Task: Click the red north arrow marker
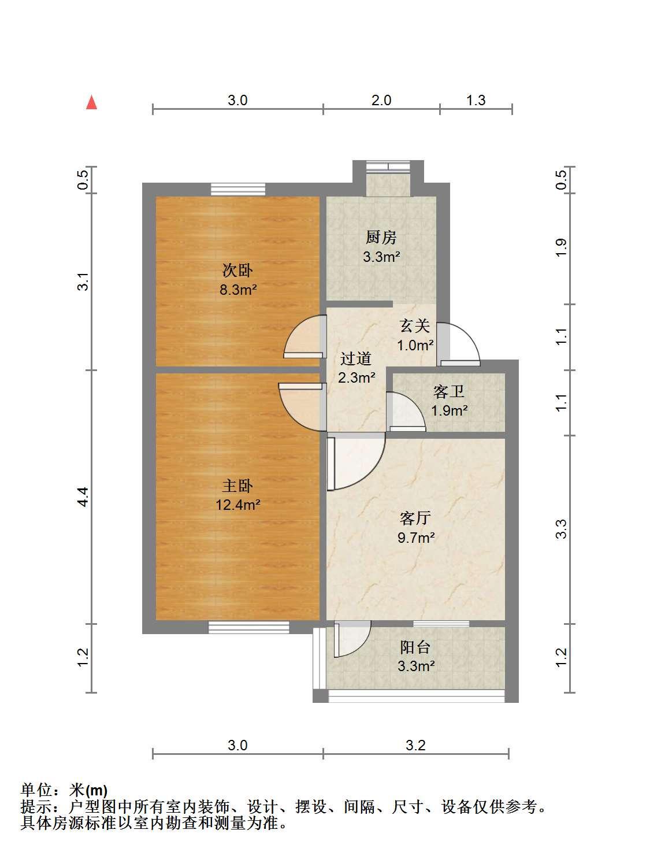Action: pyautogui.click(x=92, y=102)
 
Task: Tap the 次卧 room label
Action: pyautogui.click(x=237, y=271)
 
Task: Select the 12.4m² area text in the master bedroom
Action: pyautogui.click(x=238, y=505)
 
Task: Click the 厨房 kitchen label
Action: pyautogui.click(x=381, y=238)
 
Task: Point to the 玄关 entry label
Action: pyautogui.click(x=414, y=326)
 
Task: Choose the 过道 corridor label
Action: pyautogui.click(x=356, y=358)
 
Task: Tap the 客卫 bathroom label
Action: pyautogui.click(x=448, y=391)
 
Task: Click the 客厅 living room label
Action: pyautogui.click(x=415, y=518)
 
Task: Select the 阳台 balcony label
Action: pyautogui.click(x=415, y=647)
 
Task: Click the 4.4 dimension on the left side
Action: pyautogui.click(x=83, y=497)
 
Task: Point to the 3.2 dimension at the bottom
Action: pyautogui.click(x=415, y=746)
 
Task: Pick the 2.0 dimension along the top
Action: pyautogui.click(x=381, y=100)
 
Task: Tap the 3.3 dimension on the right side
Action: pyautogui.click(x=561, y=529)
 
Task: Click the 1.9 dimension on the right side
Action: pyautogui.click(x=561, y=248)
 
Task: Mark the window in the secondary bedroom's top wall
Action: pyautogui.click(x=238, y=190)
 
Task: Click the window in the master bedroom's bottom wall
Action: pyautogui.click(x=249, y=627)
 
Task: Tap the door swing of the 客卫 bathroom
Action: pyautogui.click(x=406, y=412)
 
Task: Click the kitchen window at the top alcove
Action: pyautogui.click(x=388, y=166)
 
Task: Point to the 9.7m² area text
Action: pyautogui.click(x=416, y=538)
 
